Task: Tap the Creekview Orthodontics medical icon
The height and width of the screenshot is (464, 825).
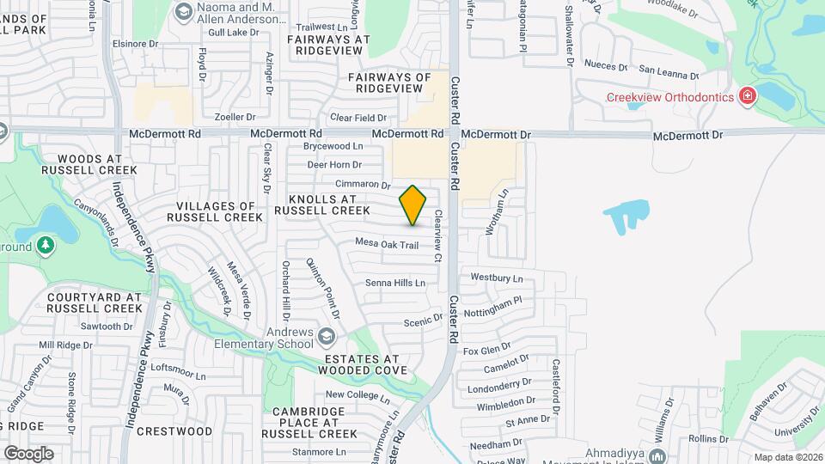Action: click(x=748, y=96)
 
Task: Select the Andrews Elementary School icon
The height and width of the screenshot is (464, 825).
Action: click(x=326, y=334)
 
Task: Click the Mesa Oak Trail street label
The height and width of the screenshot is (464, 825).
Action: click(x=387, y=245)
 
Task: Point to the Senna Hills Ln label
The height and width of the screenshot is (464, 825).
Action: click(x=395, y=283)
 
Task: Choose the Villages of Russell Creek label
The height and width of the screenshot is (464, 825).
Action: click(x=219, y=211)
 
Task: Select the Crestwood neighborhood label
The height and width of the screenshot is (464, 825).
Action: click(x=174, y=431)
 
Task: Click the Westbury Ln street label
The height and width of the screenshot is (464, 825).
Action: click(x=497, y=278)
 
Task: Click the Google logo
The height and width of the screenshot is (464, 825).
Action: click(x=27, y=453)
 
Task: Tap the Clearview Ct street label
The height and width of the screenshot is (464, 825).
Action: click(x=438, y=237)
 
